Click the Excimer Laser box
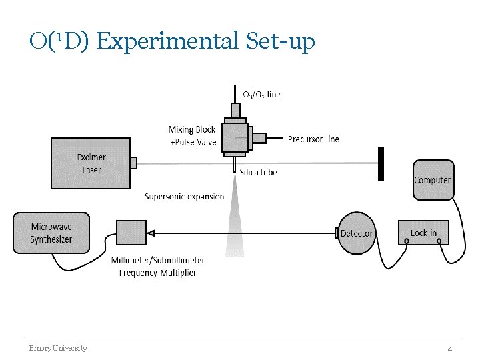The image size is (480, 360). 91,163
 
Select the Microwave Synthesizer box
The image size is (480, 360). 51,233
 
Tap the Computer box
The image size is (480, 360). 432,179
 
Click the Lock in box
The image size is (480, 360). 423,233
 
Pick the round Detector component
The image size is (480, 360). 357,233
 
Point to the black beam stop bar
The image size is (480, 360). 381,163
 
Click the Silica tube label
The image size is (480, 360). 258,173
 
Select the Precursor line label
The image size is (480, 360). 313,139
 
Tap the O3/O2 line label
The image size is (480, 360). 261,95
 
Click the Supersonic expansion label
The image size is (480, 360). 185,197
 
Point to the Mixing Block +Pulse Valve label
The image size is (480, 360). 192,135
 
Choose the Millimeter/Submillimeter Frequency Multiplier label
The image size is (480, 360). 158,266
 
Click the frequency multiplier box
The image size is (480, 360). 131,233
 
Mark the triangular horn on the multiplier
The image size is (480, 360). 151,233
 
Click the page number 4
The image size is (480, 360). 450,349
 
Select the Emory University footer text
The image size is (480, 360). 57,348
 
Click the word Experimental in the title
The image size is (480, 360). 166,41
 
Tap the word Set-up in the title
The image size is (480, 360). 279,41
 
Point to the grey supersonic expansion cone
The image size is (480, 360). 235,220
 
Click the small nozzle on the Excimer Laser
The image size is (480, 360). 134,163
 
